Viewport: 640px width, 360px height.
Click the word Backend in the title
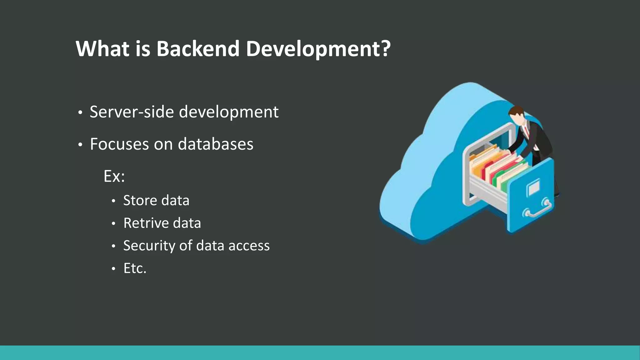[197, 49]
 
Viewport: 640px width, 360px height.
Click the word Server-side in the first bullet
[131, 112]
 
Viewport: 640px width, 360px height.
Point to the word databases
[216, 144]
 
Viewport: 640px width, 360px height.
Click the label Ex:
[114, 177]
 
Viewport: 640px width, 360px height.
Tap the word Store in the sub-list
[140, 200]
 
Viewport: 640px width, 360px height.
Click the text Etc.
[135, 268]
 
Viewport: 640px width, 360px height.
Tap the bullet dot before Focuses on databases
[80, 145]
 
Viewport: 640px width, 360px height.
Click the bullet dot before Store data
[114, 201]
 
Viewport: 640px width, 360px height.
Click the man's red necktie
[527, 131]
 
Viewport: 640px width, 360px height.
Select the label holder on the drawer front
[533, 187]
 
